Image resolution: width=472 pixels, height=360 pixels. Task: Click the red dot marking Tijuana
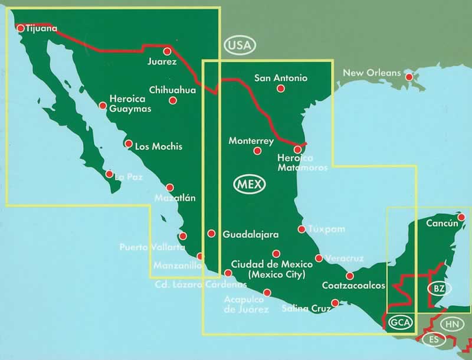[x=21, y=28]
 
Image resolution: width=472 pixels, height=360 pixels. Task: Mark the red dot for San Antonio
[x=281, y=89]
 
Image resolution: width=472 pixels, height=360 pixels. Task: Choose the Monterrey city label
[x=251, y=141]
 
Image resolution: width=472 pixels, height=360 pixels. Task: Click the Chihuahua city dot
[x=173, y=100]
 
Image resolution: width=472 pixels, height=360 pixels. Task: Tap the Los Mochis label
[x=159, y=146]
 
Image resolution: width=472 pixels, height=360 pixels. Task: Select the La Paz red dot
[x=109, y=174]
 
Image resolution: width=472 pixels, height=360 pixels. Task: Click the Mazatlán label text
[x=175, y=198]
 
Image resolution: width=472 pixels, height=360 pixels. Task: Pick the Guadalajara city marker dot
[x=211, y=234]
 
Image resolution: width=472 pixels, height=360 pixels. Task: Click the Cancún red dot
[x=461, y=217]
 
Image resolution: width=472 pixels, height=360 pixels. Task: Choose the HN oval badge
[x=452, y=324]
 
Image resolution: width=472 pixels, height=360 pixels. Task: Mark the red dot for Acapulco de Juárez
[x=267, y=293]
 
